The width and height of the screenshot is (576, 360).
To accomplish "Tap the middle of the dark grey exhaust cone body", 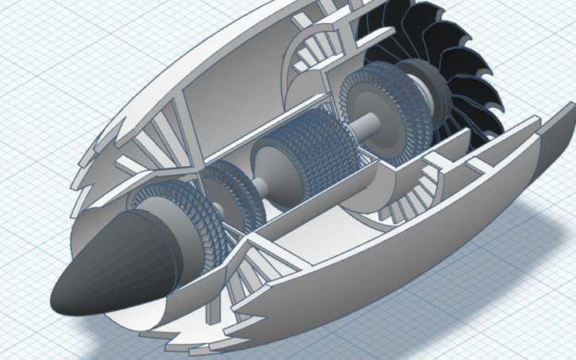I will [119, 266].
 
